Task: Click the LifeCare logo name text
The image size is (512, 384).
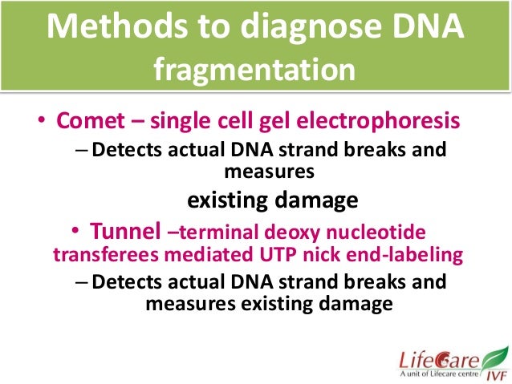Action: [436, 357]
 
